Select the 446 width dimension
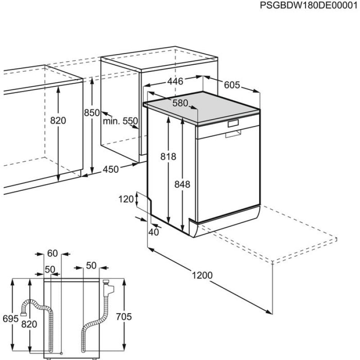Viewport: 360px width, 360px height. tap(175, 81)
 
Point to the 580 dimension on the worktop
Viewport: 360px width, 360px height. tap(180, 103)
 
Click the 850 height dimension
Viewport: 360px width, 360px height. tap(92, 113)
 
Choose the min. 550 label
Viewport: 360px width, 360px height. tap(120, 121)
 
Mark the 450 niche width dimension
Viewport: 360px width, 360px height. tap(111, 169)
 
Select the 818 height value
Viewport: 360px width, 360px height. tap(168, 157)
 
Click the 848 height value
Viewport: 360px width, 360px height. tap(182, 184)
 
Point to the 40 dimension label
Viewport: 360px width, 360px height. tap(154, 232)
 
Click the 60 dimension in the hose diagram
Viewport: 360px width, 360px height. tap(53, 253)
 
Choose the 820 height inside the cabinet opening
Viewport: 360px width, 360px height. tap(58, 121)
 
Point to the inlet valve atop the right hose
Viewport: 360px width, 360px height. tap(108, 287)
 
